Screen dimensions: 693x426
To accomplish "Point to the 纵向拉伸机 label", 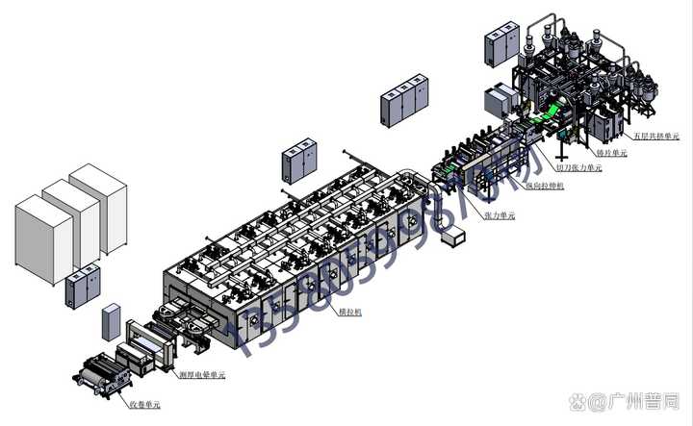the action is [544, 184].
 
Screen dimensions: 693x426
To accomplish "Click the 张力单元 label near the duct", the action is [500, 216].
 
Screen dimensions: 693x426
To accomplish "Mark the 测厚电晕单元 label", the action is [203, 374].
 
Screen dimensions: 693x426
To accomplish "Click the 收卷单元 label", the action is [144, 405].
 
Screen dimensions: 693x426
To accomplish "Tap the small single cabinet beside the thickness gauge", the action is [112, 323].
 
